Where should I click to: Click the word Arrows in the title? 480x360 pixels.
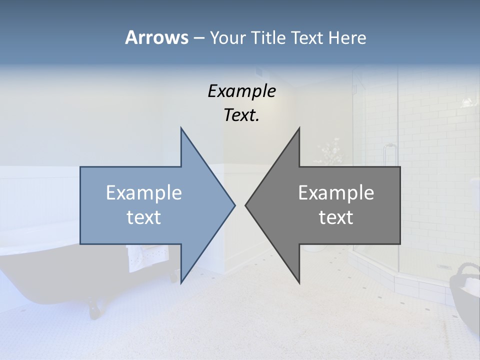click(x=157, y=37)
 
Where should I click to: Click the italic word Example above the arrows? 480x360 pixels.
click(x=241, y=91)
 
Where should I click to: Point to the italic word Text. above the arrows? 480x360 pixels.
click(x=241, y=115)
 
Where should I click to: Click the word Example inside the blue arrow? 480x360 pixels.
click(x=144, y=192)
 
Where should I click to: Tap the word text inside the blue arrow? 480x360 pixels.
click(x=144, y=217)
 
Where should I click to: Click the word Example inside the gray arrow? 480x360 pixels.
click(x=336, y=192)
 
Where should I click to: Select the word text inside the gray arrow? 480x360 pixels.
click(x=336, y=217)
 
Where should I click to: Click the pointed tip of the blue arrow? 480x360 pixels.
click(x=234, y=205)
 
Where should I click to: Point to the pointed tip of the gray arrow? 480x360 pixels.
click(x=246, y=205)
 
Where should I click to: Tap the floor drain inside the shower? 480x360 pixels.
click(x=443, y=266)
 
